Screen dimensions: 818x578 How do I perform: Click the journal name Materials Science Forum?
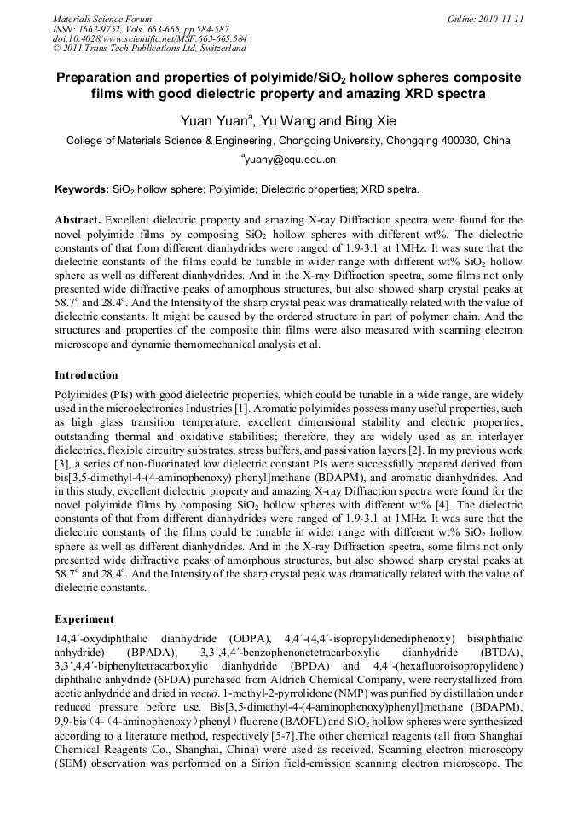click(x=102, y=19)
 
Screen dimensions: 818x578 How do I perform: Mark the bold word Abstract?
click(x=78, y=219)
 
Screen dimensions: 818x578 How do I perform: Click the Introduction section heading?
click(x=86, y=374)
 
